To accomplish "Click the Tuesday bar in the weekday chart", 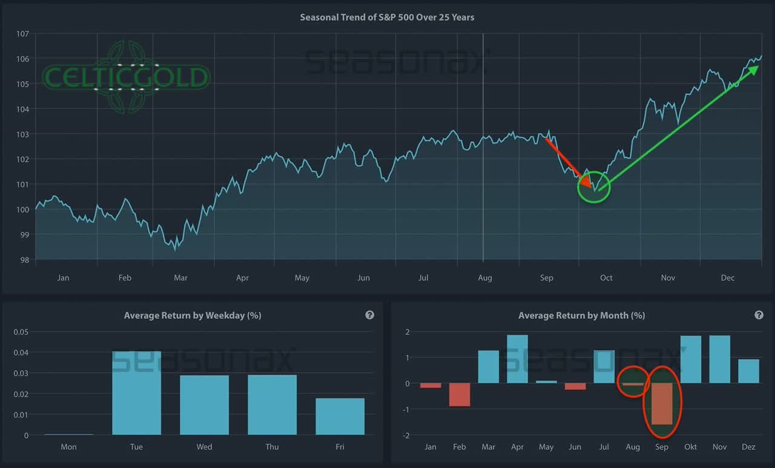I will point(136,393).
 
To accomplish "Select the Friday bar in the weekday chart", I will point(340,416).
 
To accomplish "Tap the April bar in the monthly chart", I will point(517,359).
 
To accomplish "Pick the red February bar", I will point(460,395).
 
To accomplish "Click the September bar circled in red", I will point(662,404).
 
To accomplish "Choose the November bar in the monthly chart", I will point(719,359).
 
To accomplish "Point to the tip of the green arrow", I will point(757,66).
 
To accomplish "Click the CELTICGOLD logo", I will point(126,77).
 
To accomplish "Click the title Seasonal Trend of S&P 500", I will point(387,17).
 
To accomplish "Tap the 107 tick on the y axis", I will point(22,34).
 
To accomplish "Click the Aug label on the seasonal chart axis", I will point(484,278).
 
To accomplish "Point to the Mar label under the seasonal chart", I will point(180,278).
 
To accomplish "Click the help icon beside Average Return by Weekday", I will point(369,315).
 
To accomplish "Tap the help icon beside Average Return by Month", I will point(759,315).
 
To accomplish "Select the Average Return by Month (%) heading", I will point(581,315).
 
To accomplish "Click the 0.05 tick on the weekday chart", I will point(21,332).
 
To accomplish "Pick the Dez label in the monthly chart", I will point(748,447).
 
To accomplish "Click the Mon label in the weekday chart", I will point(68,447).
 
